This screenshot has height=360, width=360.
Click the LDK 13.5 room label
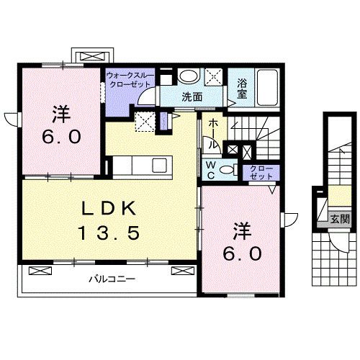(x=109, y=220)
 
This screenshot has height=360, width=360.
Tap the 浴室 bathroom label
(x=242, y=89)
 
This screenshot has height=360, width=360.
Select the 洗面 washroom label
(x=192, y=97)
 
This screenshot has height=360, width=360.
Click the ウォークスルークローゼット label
(x=130, y=80)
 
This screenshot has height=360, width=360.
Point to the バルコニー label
(x=112, y=279)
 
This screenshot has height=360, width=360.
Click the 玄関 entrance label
(x=340, y=219)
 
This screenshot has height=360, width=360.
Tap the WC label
(x=211, y=170)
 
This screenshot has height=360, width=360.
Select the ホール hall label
(x=213, y=134)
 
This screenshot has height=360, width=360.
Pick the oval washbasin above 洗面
(x=189, y=76)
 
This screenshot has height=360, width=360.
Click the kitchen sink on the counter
(x=160, y=165)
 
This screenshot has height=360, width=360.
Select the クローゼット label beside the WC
(x=261, y=173)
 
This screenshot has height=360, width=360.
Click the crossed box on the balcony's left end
(x=40, y=271)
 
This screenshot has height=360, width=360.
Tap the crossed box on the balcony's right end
(x=182, y=271)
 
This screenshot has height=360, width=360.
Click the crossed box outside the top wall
(x=93, y=57)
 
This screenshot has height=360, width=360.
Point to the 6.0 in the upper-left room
(x=61, y=137)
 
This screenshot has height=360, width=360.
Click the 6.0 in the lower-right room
(x=242, y=253)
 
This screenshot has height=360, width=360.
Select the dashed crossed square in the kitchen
(x=145, y=122)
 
